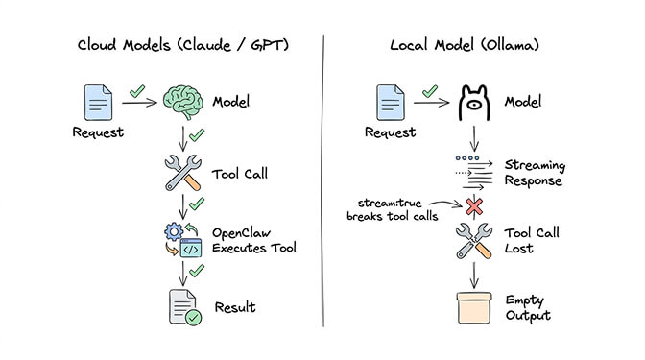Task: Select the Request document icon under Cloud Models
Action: (98, 103)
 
